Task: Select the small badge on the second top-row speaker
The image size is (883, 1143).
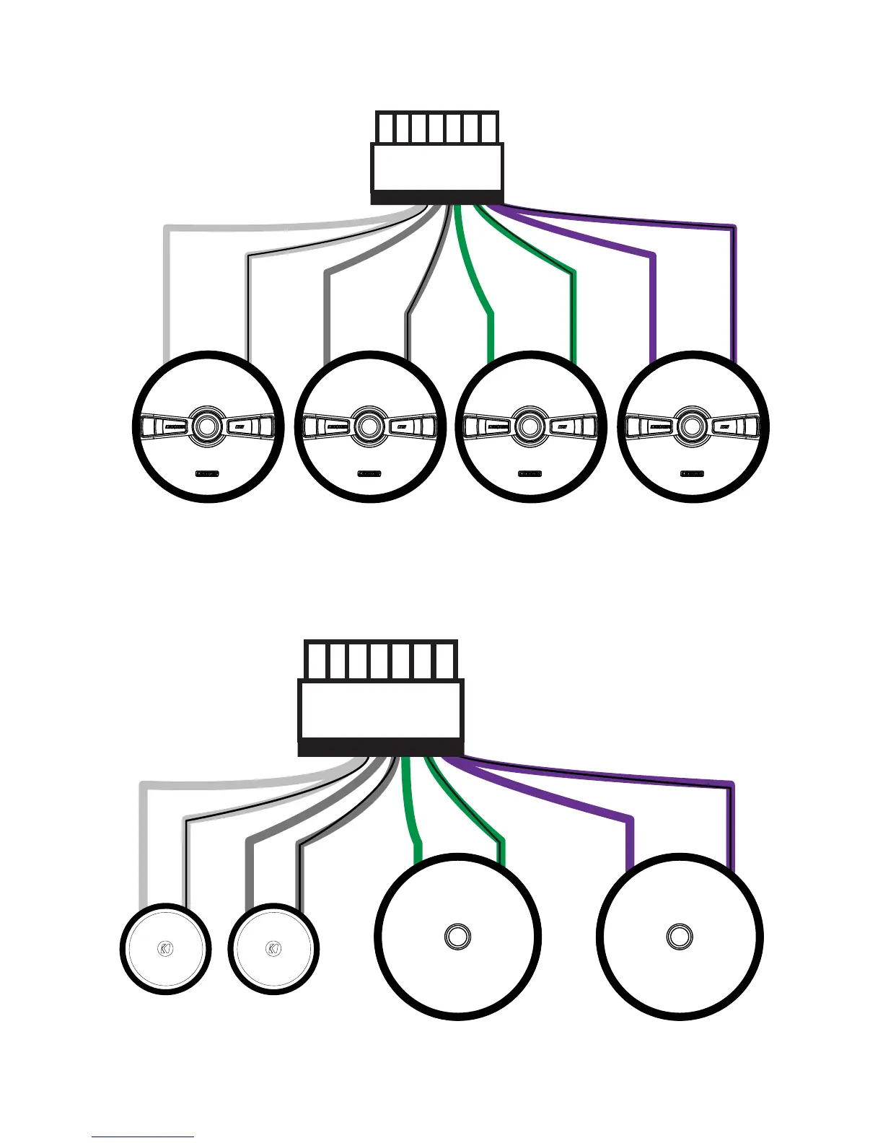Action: pos(369,474)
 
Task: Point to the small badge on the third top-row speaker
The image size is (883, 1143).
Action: pos(530,474)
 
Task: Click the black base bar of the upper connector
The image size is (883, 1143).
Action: pos(437,198)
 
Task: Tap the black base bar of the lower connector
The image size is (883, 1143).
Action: pos(381,748)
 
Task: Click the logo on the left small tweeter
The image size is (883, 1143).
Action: pos(166,948)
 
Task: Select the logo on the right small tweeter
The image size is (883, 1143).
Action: pos(273,948)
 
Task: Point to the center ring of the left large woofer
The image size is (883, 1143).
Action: pos(456,937)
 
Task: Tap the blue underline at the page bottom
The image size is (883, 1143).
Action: pos(143,1137)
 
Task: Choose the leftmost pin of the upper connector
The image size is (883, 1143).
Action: pos(385,128)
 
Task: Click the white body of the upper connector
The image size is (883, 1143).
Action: pos(437,167)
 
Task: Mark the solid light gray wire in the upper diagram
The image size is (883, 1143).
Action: pos(167,289)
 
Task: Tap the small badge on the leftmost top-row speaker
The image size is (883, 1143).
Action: pos(208,474)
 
